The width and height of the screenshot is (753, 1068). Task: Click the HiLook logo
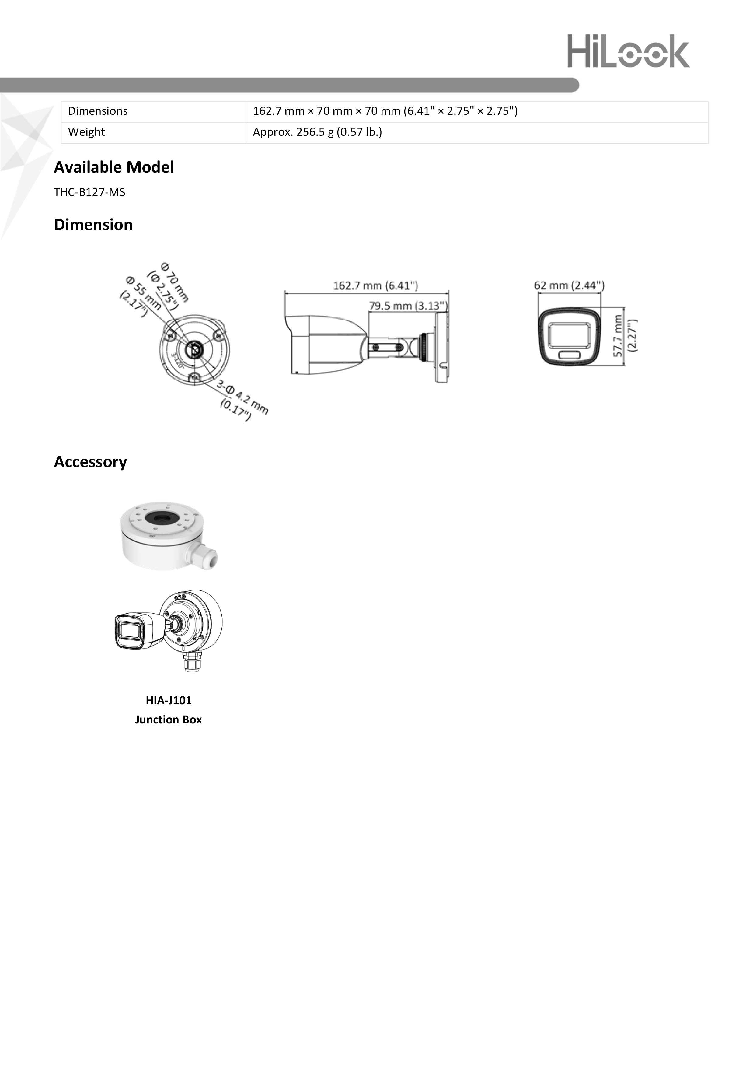(x=628, y=51)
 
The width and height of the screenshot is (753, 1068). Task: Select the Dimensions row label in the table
(x=98, y=111)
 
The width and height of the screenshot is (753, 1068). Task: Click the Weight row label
(x=86, y=132)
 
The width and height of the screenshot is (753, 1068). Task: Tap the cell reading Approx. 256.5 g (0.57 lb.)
(x=317, y=132)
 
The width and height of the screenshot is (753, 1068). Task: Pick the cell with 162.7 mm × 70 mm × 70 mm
(x=385, y=111)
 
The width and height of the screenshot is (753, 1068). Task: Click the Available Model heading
(x=114, y=167)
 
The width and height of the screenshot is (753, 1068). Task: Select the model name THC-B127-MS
(x=89, y=192)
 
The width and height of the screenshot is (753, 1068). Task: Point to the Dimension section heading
(x=93, y=225)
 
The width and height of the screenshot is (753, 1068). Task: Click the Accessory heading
(x=90, y=462)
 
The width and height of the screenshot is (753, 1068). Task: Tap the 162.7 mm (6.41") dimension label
(x=375, y=285)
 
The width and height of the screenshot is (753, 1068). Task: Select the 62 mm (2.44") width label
(x=569, y=285)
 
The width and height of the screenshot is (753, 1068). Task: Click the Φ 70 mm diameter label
(x=174, y=282)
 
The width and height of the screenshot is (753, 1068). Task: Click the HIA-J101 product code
(x=168, y=700)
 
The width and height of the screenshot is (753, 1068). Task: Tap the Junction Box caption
(x=168, y=720)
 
